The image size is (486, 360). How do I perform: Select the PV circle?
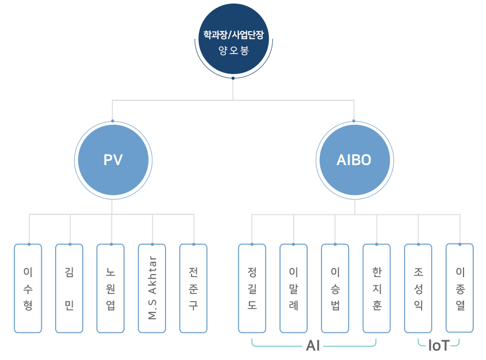[113, 160]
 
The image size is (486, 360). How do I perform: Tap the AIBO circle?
[354, 160]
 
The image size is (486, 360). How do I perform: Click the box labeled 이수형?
[28, 288]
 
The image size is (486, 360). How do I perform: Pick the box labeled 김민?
[70, 288]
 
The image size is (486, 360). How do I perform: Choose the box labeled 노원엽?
[110, 288]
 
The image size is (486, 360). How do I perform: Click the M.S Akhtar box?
[152, 288]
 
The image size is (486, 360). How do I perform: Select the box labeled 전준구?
[194, 288]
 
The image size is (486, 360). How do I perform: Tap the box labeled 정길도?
[252, 288]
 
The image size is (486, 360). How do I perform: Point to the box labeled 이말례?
[294, 288]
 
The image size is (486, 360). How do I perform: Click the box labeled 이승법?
[335, 288]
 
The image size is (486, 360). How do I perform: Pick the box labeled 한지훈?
[377, 288]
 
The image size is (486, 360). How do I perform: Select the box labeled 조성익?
[418, 288]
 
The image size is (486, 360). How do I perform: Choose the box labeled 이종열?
[460, 288]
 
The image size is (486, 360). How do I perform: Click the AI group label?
[313, 346]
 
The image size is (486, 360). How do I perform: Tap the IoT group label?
[438, 346]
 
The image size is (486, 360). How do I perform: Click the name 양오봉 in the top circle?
[233, 51]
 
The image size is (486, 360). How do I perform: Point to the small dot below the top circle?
[233, 78]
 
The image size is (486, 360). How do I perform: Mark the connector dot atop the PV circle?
[112, 121]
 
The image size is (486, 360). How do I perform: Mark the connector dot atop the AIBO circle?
[354, 121]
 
